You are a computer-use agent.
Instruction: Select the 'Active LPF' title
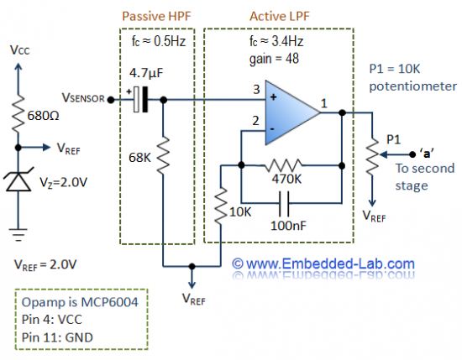pyautogui.click(x=277, y=17)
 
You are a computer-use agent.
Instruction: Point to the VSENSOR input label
pyautogui.click(x=81, y=98)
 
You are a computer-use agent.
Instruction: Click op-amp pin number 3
pyautogui.click(x=254, y=89)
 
